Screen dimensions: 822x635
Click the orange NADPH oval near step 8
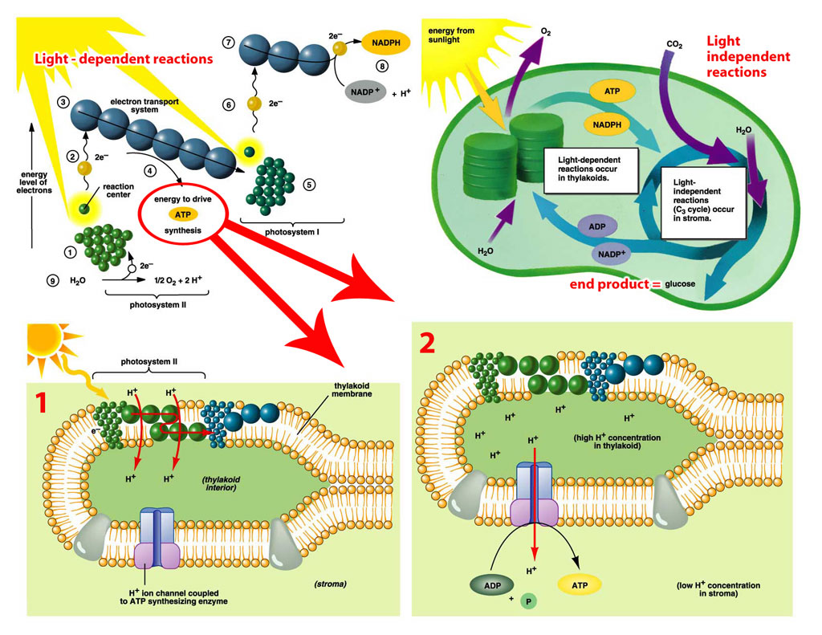tap(386, 43)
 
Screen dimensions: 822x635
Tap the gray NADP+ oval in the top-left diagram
tap(365, 92)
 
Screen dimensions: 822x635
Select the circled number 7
tap(228, 43)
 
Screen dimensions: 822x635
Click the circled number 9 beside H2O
tap(52, 280)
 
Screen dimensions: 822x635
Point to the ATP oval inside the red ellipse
tap(182, 214)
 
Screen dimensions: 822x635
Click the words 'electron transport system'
tap(144, 105)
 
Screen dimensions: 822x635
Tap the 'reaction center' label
tap(118, 190)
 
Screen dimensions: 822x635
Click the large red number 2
tap(427, 343)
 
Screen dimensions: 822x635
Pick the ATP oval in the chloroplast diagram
tap(612, 92)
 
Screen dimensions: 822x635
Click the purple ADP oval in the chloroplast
tap(597, 226)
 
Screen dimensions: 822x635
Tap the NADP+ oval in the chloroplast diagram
tap(612, 254)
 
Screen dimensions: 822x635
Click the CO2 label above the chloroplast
tap(674, 45)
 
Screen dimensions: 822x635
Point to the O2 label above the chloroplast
tap(546, 32)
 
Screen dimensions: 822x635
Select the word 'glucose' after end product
tap(680, 283)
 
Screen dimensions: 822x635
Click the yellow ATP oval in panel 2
tap(580, 584)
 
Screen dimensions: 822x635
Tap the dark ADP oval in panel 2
tap(492, 585)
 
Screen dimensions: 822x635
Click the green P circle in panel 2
tap(528, 601)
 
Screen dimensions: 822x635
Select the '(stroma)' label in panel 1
tap(330, 584)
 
